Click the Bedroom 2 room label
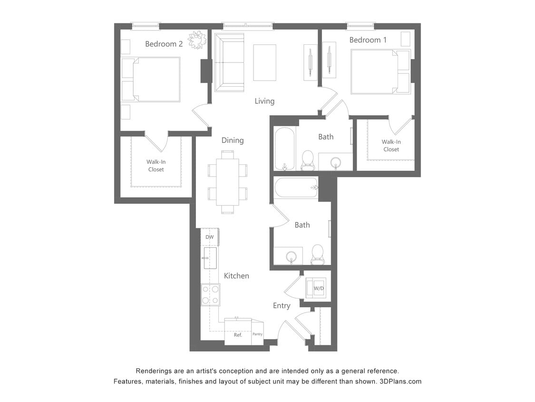[x=164, y=44]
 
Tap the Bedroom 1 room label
[x=368, y=40]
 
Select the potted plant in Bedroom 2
[x=197, y=40]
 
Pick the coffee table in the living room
[x=264, y=62]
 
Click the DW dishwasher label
[x=209, y=237]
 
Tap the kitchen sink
[x=210, y=258]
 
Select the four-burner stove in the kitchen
[x=210, y=294]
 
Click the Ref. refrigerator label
[x=238, y=335]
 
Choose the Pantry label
[x=257, y=334]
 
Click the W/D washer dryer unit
[x=318, y=289]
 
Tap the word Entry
[x=282, y=306]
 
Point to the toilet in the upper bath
[x=308, y=160]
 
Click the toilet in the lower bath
[x=317, y=255]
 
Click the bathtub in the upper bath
[x=285, y=148]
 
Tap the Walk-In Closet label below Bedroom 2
[x=156, y=165]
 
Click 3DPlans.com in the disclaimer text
[x=400, y=382]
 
